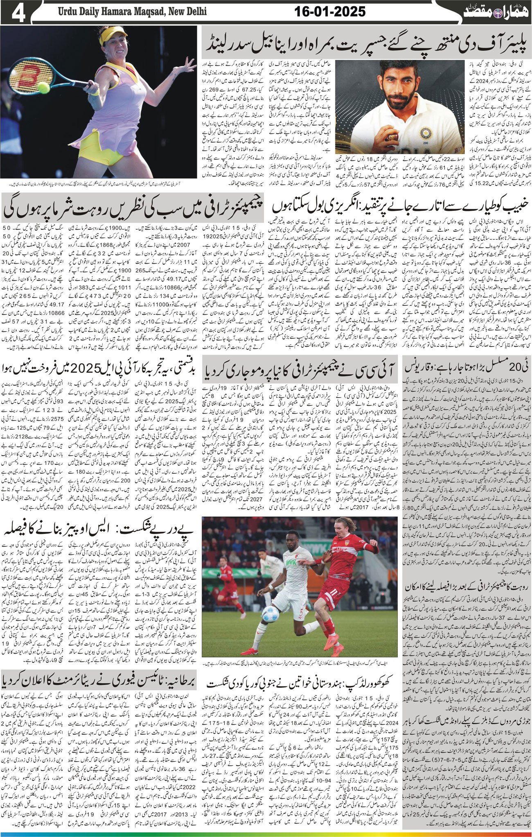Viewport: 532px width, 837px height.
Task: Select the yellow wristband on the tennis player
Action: [x=95, y=91]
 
